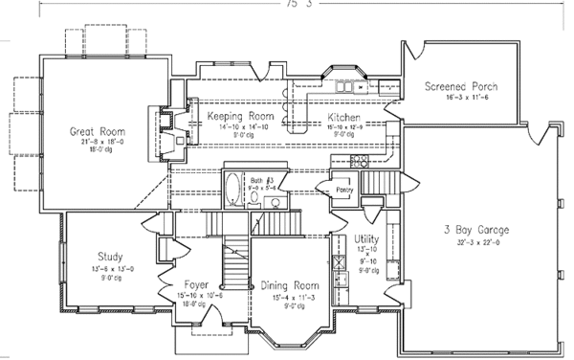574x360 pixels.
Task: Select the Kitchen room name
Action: click(x=343, y=116)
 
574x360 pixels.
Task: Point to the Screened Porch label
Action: click(x=461, y=86)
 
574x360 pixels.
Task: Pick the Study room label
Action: click(x=109, y=256)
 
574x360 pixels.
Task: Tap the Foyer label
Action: click(x=198, y=285)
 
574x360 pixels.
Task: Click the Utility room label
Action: click(x=366, y=238)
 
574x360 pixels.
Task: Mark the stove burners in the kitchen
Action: click(x=360, y=161)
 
